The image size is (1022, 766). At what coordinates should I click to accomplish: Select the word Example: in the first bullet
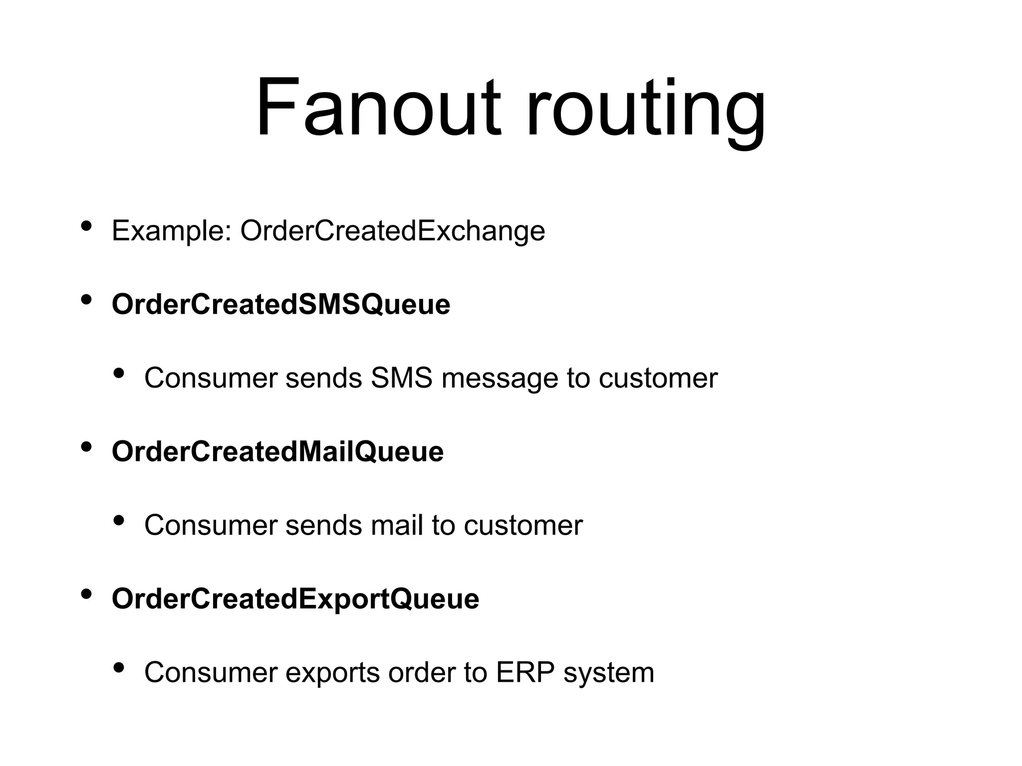point(172,231)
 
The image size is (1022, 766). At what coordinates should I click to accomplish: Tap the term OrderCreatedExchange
point(393,231)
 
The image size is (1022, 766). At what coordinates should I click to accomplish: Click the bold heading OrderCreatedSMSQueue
point(281,304)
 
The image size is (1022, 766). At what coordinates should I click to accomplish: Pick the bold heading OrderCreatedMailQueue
point(277,451)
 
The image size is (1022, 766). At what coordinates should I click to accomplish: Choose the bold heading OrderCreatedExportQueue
point(295,598)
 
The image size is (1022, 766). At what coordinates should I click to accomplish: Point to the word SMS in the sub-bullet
point(402,378)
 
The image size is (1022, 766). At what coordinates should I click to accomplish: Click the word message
point(500,379)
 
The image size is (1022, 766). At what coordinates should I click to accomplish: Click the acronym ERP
point(525,672)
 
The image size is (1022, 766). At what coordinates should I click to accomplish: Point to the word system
point(608,673)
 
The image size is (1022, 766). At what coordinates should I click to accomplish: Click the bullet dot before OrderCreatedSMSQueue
point(86,300)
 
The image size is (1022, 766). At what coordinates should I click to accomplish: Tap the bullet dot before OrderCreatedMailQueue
point(86,447)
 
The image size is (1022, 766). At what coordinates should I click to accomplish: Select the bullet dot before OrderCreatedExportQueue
point(86,594)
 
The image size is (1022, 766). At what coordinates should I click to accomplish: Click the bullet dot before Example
point(86,226)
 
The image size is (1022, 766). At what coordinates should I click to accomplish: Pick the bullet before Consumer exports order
point(119,667)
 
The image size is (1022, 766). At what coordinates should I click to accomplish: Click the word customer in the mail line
point(523,525)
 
